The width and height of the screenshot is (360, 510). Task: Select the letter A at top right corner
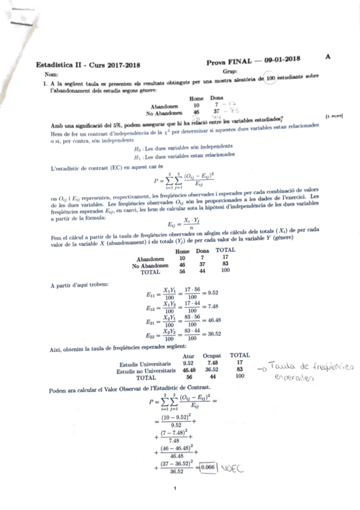328,57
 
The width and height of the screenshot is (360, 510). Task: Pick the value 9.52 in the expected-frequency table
188,363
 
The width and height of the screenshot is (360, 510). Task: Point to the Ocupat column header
212,355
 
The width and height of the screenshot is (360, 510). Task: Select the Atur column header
188,355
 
